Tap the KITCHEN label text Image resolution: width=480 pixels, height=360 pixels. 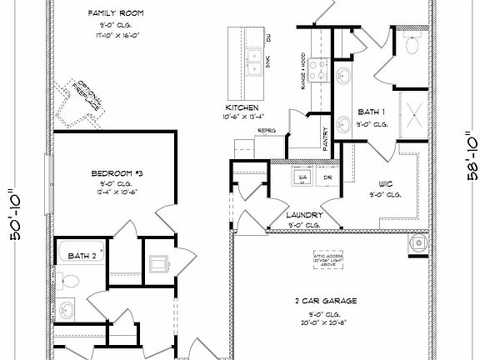242,108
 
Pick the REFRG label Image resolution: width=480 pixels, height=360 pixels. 266,131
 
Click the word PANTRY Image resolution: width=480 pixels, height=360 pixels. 326,138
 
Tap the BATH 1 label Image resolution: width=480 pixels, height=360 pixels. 370,112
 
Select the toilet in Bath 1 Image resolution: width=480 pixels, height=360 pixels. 410,46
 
